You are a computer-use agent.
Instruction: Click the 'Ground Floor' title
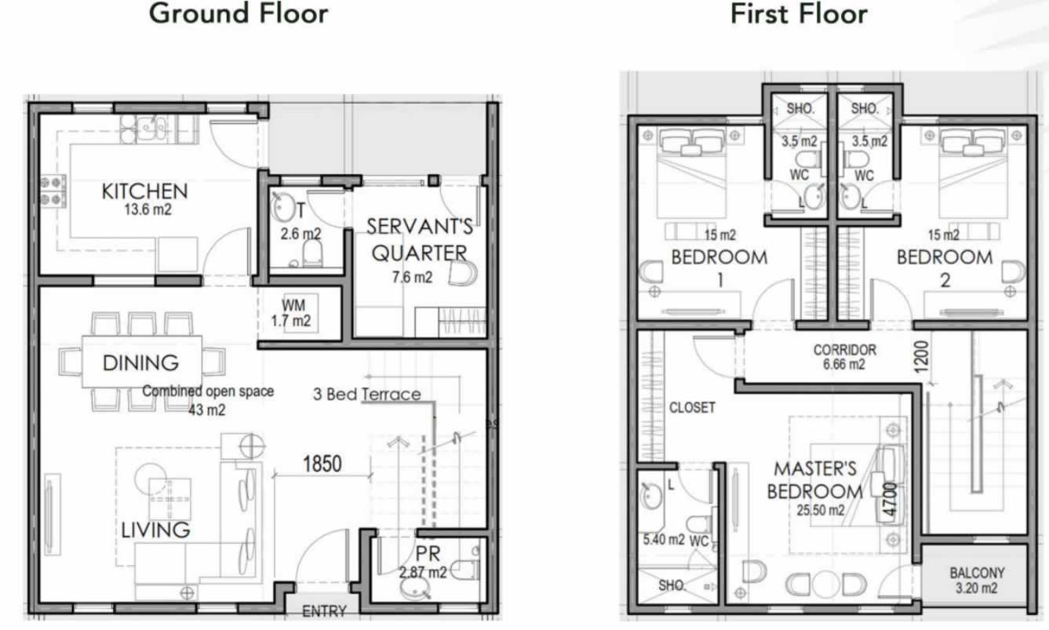[x=239, y=13]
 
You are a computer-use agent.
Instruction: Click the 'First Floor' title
[x=798, y=13]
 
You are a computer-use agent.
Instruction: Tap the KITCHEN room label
[x=144, y=191]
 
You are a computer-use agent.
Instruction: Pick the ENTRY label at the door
[x=323, y=611]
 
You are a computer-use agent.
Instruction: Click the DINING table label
[x=140, y=363]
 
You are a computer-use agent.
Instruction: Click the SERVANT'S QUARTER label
[x=421, y=240]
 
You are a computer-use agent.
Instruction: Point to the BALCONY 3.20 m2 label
[x=976, y=580]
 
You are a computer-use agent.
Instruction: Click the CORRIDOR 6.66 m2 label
[x=843, y=357]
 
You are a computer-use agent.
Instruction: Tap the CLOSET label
[x=691, y=408]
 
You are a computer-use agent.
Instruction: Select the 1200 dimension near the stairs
[x=920, y=357]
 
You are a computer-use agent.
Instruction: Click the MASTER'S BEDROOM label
[x=814, y=480]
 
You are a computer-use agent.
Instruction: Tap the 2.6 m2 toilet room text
[x=300, y=234]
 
